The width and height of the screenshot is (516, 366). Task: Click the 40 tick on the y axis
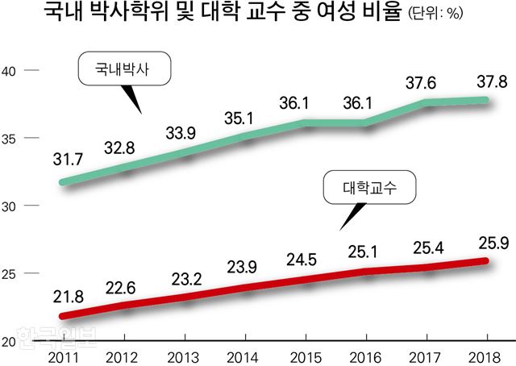[x=10, y=71]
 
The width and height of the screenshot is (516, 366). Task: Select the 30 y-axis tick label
[x=10, y=206]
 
